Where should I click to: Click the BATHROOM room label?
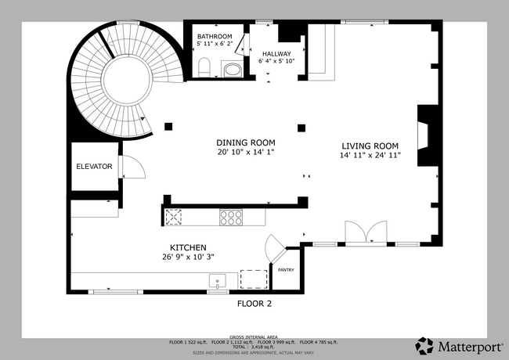click(215, 37)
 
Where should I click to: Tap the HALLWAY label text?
click(276, 53)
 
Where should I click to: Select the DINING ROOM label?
click(246, 142)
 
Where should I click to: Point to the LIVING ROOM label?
click(370, 146)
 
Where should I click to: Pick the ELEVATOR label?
click(94, 167)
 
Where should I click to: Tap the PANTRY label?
click(286, 270)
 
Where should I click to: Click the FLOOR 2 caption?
click(254, 303)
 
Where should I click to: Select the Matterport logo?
click(455, 345)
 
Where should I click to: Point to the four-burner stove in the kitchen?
click(231, 218)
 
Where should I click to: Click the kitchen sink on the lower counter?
click(217, 279)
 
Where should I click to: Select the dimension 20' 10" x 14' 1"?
click(246, 152)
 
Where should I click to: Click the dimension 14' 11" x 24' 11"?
click(370, 156)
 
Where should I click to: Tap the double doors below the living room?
click(366, 233)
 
